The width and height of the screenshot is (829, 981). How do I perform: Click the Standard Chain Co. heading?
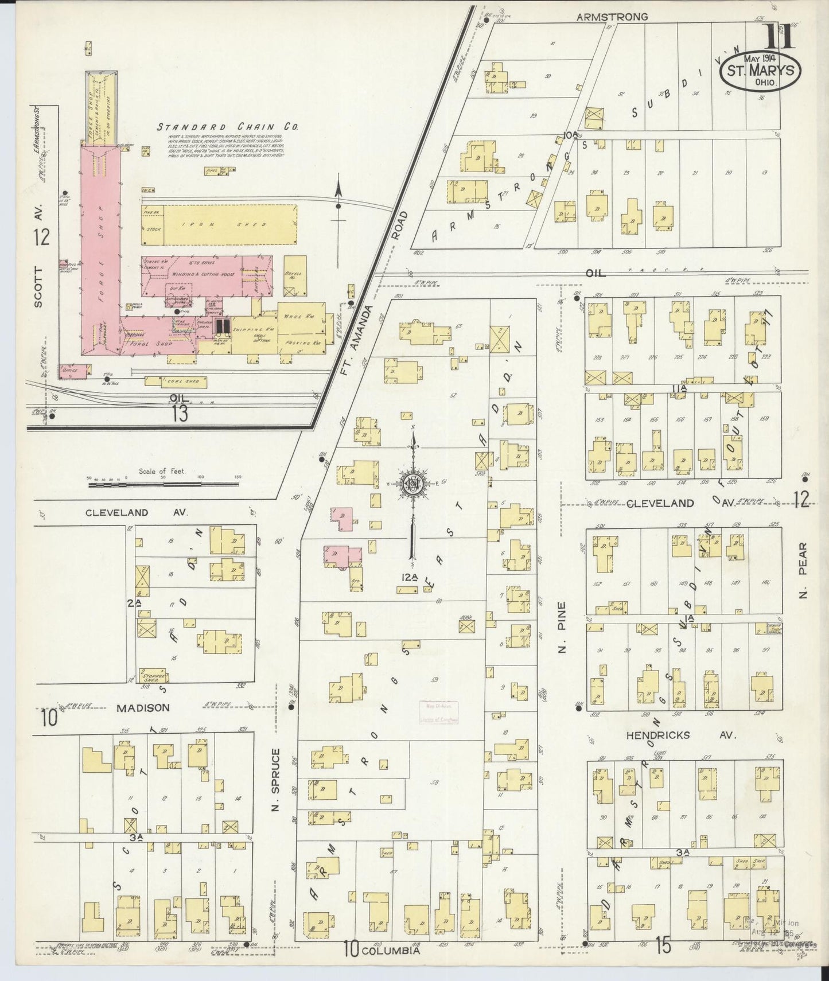point(227,127)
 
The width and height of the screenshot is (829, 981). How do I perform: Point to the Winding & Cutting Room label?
point(205,275)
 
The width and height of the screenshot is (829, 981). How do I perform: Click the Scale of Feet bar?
point(164,485)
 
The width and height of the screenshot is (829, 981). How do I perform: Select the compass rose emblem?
point(412,484)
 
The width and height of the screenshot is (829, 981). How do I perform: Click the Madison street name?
point(143,708)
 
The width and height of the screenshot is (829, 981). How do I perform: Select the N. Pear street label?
point(803,571)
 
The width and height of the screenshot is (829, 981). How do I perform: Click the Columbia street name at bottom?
point(391,950)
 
